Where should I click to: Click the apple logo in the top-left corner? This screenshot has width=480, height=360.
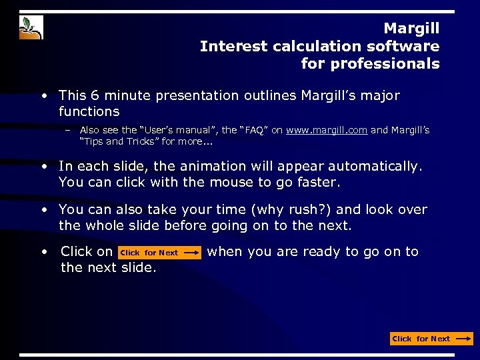click(31, 27)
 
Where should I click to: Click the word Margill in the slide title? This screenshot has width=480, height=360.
click(411, 29)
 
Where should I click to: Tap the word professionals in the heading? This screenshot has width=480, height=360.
click(370, 64)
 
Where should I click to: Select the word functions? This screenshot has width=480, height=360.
click(89, 111)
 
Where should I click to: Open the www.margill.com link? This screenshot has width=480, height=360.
click(327, 131)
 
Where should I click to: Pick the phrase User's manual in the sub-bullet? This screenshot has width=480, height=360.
click(147, 131)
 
